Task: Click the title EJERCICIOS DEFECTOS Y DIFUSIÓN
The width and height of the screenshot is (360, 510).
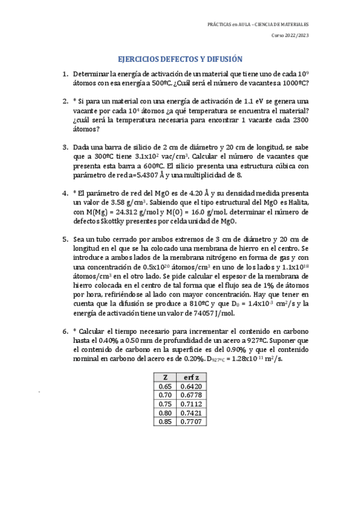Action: (180, 60)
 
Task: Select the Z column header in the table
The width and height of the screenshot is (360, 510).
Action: (165, 377)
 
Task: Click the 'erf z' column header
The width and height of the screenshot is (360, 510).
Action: (192, 377)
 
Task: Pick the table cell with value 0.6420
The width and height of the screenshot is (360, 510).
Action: (192, 386)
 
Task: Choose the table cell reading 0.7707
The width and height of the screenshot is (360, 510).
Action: (192, 422)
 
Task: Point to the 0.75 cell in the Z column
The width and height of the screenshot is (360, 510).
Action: (165, 404)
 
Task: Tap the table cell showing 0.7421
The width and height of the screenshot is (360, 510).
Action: (192, 413)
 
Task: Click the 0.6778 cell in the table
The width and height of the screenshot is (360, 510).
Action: (192, 395)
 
